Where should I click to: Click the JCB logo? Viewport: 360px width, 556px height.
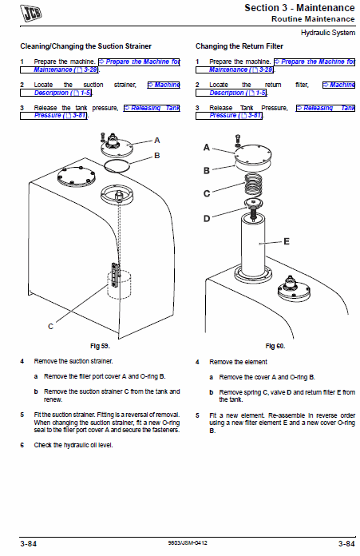(31, 13)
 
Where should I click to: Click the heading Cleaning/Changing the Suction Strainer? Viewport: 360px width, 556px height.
(85, 46)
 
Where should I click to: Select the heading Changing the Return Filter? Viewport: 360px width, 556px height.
(239, 46)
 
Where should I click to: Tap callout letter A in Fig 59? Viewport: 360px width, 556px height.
(157, 141)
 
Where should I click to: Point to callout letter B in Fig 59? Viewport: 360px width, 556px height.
(157, 156)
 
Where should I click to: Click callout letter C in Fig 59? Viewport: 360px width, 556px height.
(50, 326)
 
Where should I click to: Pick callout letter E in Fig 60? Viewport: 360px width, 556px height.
(287, 241)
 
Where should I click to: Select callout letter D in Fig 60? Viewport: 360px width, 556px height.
(207, 218)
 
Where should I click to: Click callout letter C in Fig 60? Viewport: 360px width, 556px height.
(207, 193)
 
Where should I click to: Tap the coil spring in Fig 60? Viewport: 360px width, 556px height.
(253, 185)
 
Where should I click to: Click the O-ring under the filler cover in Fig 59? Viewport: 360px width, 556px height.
(117, 165)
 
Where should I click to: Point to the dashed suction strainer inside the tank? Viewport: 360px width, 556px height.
(119, 284)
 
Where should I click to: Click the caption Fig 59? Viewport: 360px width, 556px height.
(101, 346)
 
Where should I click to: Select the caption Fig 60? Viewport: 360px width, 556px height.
(275, 346)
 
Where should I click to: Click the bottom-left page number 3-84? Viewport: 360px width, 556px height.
(29, 543)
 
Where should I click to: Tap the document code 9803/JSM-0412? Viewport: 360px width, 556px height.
(188, 543)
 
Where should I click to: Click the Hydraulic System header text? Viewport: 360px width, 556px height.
(328, 33)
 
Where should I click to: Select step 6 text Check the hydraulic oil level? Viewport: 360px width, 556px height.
(73, 445)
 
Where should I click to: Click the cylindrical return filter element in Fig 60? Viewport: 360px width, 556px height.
(253, 244)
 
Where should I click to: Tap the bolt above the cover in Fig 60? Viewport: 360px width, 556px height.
(238, 140)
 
